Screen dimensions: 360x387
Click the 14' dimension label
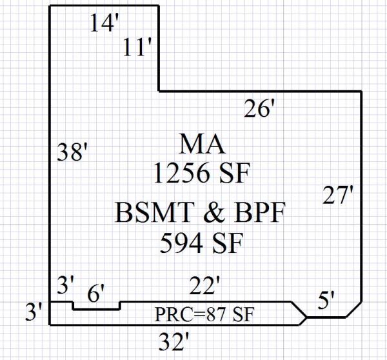(x=104, y=24)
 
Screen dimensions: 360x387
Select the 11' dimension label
(x=137, y=48)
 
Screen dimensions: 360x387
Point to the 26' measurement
(x=260, y=110)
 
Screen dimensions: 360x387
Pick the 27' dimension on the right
(x=339, y=195)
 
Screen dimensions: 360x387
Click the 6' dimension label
(x=95, y=295)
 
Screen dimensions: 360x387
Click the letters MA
(x=201, y=144)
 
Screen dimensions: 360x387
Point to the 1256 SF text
(x=201, y=173)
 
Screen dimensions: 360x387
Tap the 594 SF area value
(x=201, y=243)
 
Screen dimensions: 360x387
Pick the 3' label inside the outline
(x=66, y=284)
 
